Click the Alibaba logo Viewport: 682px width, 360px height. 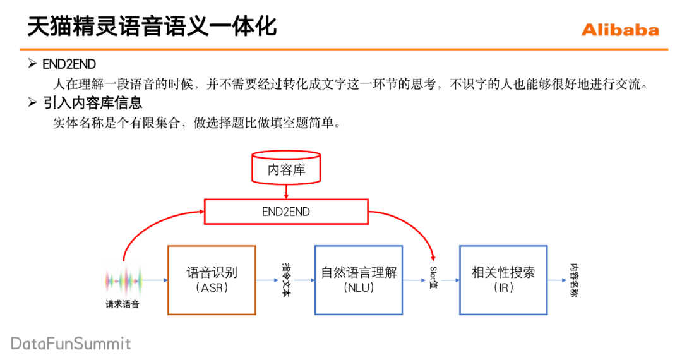tap(619, 30)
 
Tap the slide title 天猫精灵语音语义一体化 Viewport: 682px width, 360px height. tap(152, 27)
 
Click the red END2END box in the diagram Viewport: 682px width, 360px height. tap(286, 212)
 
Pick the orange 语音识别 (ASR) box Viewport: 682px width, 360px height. tap(212, 280)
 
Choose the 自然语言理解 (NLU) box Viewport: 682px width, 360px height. tap(359, 280)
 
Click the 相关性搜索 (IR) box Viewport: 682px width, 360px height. tap(503, 280)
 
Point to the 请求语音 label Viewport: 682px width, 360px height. tap(123, 305)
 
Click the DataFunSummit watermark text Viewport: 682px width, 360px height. tap(71, 344)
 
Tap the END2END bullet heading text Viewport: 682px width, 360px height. tap(69, 64)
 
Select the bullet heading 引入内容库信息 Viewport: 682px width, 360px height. tap(92, 102)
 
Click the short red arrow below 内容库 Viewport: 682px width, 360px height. tap(286, 191)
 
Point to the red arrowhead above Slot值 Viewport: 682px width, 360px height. tap(433, 258)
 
